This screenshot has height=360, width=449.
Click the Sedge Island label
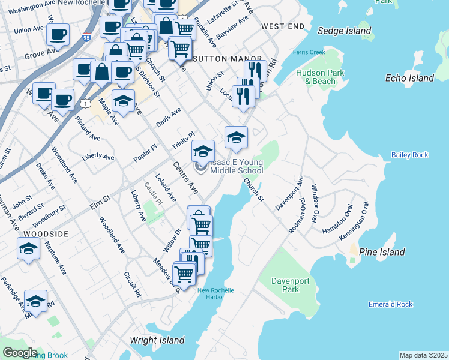pos(345,31)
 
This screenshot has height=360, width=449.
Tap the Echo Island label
pos(409,78)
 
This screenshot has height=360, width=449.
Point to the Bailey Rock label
pos(410,155)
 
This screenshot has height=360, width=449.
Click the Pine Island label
pos(382,252)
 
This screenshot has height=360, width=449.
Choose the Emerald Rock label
pos(391,304)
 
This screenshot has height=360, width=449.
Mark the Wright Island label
pos(157,340)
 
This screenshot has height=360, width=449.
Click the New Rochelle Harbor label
pos(215,294)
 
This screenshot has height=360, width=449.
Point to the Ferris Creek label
pos(309,52)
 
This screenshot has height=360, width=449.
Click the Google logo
pos(19,353)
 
